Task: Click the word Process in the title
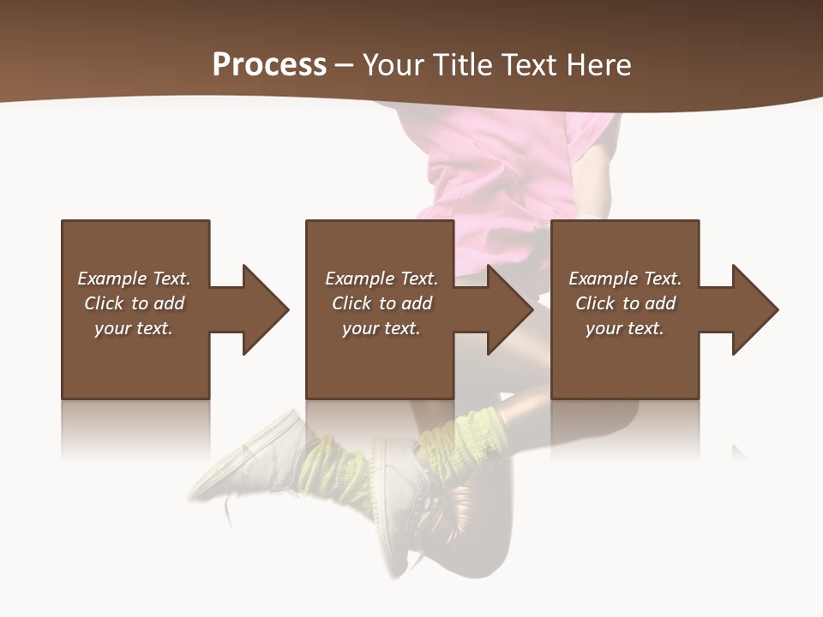click(269, 65)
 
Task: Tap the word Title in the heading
click(464, 65)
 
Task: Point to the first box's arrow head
click(265, 309)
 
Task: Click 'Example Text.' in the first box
click(134, 279)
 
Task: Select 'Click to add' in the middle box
click(381, 303)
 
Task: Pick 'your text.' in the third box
click(624, 328)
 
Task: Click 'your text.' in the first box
click(134, 328)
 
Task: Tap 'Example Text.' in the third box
click(625, 279)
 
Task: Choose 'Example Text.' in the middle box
click(381, 279)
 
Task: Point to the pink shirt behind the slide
click(497, 171)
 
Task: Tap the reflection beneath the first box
click(135, 428)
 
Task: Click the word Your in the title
click(394, 65)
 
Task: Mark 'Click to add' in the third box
click(625, 303)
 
